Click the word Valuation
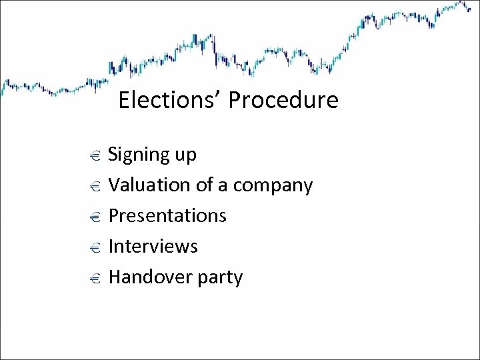click(x=149, y=185)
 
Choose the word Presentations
click(x=167, y=215)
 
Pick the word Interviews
click(x=153, y=246)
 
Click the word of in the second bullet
click(x=205, y=185)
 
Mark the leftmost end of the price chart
click(x=2, y=87)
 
